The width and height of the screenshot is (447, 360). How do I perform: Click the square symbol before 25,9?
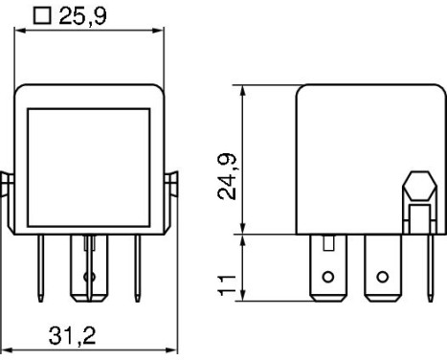41,16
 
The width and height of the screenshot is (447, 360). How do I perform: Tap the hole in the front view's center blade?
90,279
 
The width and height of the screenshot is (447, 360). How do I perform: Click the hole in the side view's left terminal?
328,278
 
